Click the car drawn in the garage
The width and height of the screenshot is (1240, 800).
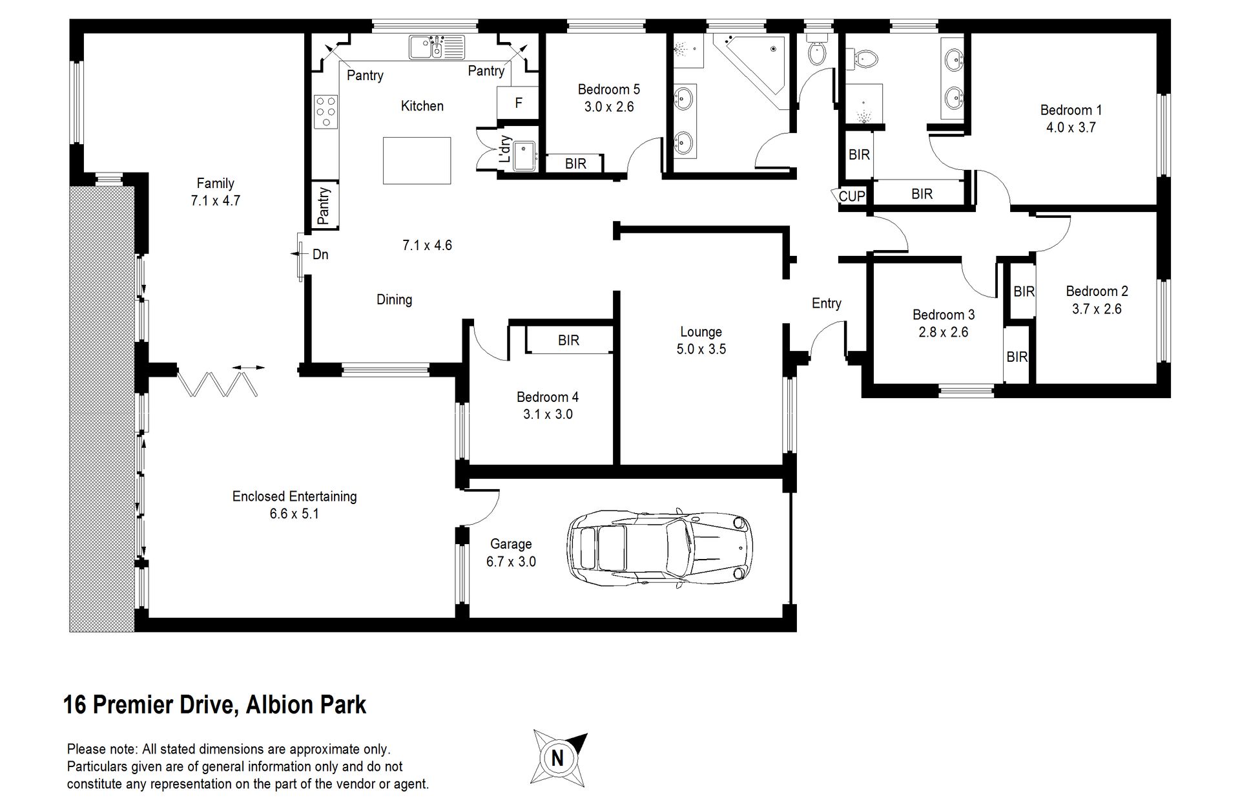660,547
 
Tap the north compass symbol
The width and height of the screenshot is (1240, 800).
559,757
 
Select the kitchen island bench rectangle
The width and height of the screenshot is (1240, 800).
417,160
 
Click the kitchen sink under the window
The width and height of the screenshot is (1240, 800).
436,47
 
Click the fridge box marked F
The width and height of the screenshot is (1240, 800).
518,103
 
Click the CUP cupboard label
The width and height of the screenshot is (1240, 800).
851,196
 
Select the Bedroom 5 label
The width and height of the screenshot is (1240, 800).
608,89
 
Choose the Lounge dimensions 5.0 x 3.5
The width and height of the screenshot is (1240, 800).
701,350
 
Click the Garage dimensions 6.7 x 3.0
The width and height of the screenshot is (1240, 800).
511,562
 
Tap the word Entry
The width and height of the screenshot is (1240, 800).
827,304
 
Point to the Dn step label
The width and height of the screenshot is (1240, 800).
320,255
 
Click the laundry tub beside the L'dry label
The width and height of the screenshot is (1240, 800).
524,156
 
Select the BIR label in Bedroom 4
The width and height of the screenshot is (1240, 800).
568,340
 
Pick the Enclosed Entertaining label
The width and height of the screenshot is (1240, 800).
294,496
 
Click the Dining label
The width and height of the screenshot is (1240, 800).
394,300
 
